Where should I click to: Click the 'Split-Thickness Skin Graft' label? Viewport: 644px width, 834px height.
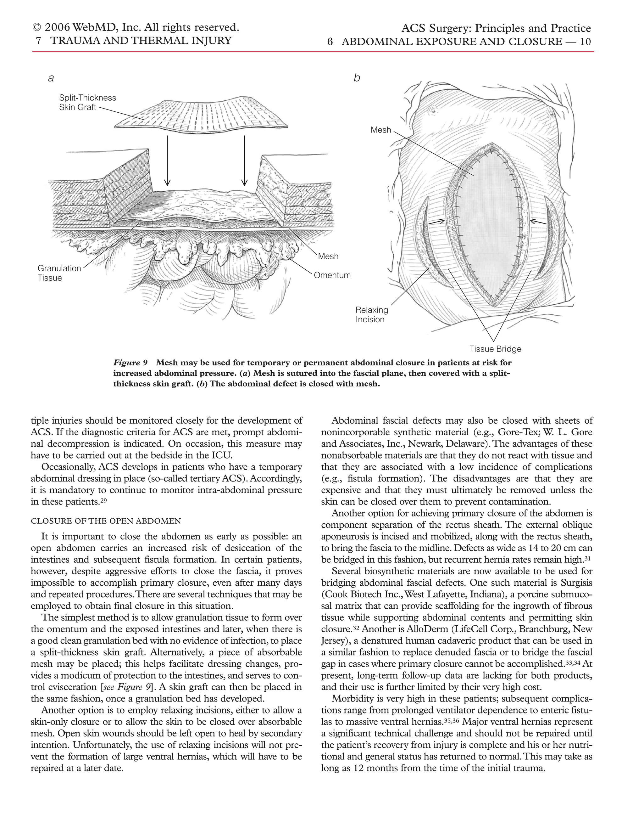87,103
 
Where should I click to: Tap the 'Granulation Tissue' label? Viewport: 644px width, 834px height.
59,273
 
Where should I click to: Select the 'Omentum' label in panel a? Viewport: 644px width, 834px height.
332,275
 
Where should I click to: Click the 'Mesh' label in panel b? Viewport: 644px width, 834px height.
381,130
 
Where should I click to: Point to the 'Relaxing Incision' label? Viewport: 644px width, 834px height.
372,315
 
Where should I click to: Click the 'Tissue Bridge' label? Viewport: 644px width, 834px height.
495,349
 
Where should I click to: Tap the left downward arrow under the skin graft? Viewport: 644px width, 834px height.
167,161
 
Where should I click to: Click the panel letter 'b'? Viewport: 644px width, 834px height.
357,78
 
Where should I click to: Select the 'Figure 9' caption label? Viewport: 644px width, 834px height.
130,362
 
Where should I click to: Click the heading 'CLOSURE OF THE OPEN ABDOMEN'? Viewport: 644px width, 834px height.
106,521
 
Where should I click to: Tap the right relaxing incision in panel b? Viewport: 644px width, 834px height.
550,240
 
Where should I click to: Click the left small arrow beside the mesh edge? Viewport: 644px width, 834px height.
436,221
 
